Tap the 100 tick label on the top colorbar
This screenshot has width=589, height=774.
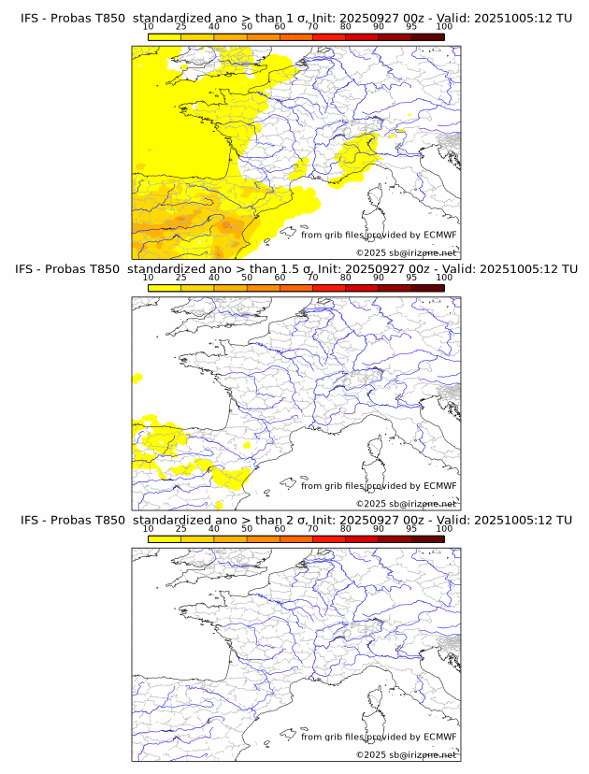pos(444,26)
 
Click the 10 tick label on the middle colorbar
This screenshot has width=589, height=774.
pos(149,278)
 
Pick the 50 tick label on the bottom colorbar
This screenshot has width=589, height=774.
pos(247,529)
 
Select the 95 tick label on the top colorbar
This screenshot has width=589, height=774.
pos(411,26)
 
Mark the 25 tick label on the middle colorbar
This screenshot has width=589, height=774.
pos(181,278)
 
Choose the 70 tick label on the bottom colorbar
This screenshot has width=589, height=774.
pos(312,529)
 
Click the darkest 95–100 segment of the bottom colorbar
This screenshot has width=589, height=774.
pos(427,539)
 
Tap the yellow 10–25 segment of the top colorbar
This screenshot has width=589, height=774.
pos(165,36)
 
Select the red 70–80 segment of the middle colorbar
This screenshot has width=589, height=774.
pos(328,288)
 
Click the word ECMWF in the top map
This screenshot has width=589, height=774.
pos(439,235)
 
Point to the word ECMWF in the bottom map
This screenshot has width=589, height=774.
pos(439,738)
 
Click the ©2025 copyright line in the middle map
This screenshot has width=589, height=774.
pos(407,504)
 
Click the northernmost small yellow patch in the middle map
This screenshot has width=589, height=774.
pos(137,378)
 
